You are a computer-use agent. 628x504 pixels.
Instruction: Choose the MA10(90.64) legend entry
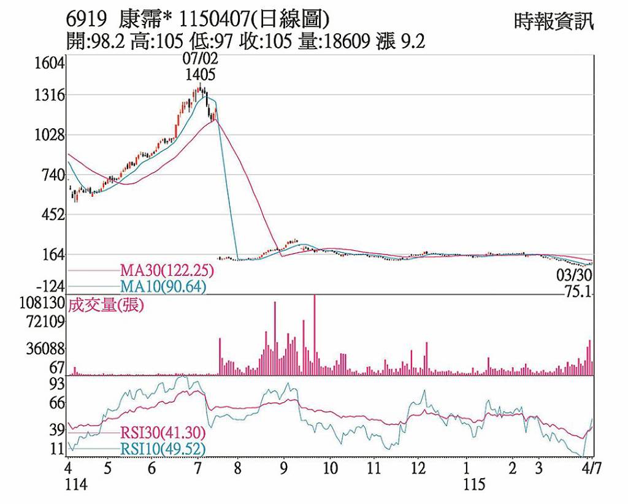pyautogui.click(x=163, y=286)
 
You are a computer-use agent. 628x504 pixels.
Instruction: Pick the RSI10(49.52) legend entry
pyautogui.click(x=163, y=449)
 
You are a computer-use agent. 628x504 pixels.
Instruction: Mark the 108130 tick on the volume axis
pyautogui.click(x=41, y=303)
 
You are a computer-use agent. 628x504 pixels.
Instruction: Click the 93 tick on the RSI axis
pyautogui.click(x=57, y=384)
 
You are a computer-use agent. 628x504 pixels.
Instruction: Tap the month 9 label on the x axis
pyautogui.click(x=283, y=469)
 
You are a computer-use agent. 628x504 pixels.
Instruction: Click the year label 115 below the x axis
pyautogui.click(x=474, y=485)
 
